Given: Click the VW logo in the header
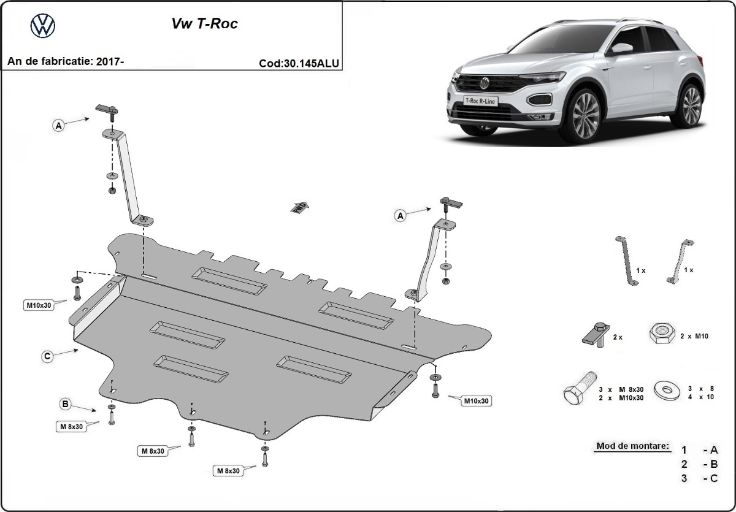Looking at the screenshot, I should tap(42, 25).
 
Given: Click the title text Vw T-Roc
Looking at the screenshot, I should tap(204, 25).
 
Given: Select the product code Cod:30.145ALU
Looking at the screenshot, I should tap(299, 63).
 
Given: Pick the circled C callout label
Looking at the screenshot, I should tap(47, 356).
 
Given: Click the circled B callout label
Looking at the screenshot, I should tap(64, 403).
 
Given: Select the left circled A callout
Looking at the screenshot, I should tap(59, 126).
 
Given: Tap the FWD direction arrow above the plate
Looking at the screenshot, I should tap(299, 207).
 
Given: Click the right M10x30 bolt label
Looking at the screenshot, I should tap(476, 400).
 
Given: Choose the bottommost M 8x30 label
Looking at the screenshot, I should tap(227, 471).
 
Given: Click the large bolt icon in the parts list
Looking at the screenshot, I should tap(579, 391).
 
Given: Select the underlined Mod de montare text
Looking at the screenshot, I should tap(632, 446).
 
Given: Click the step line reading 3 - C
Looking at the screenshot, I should tap(699, 478).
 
